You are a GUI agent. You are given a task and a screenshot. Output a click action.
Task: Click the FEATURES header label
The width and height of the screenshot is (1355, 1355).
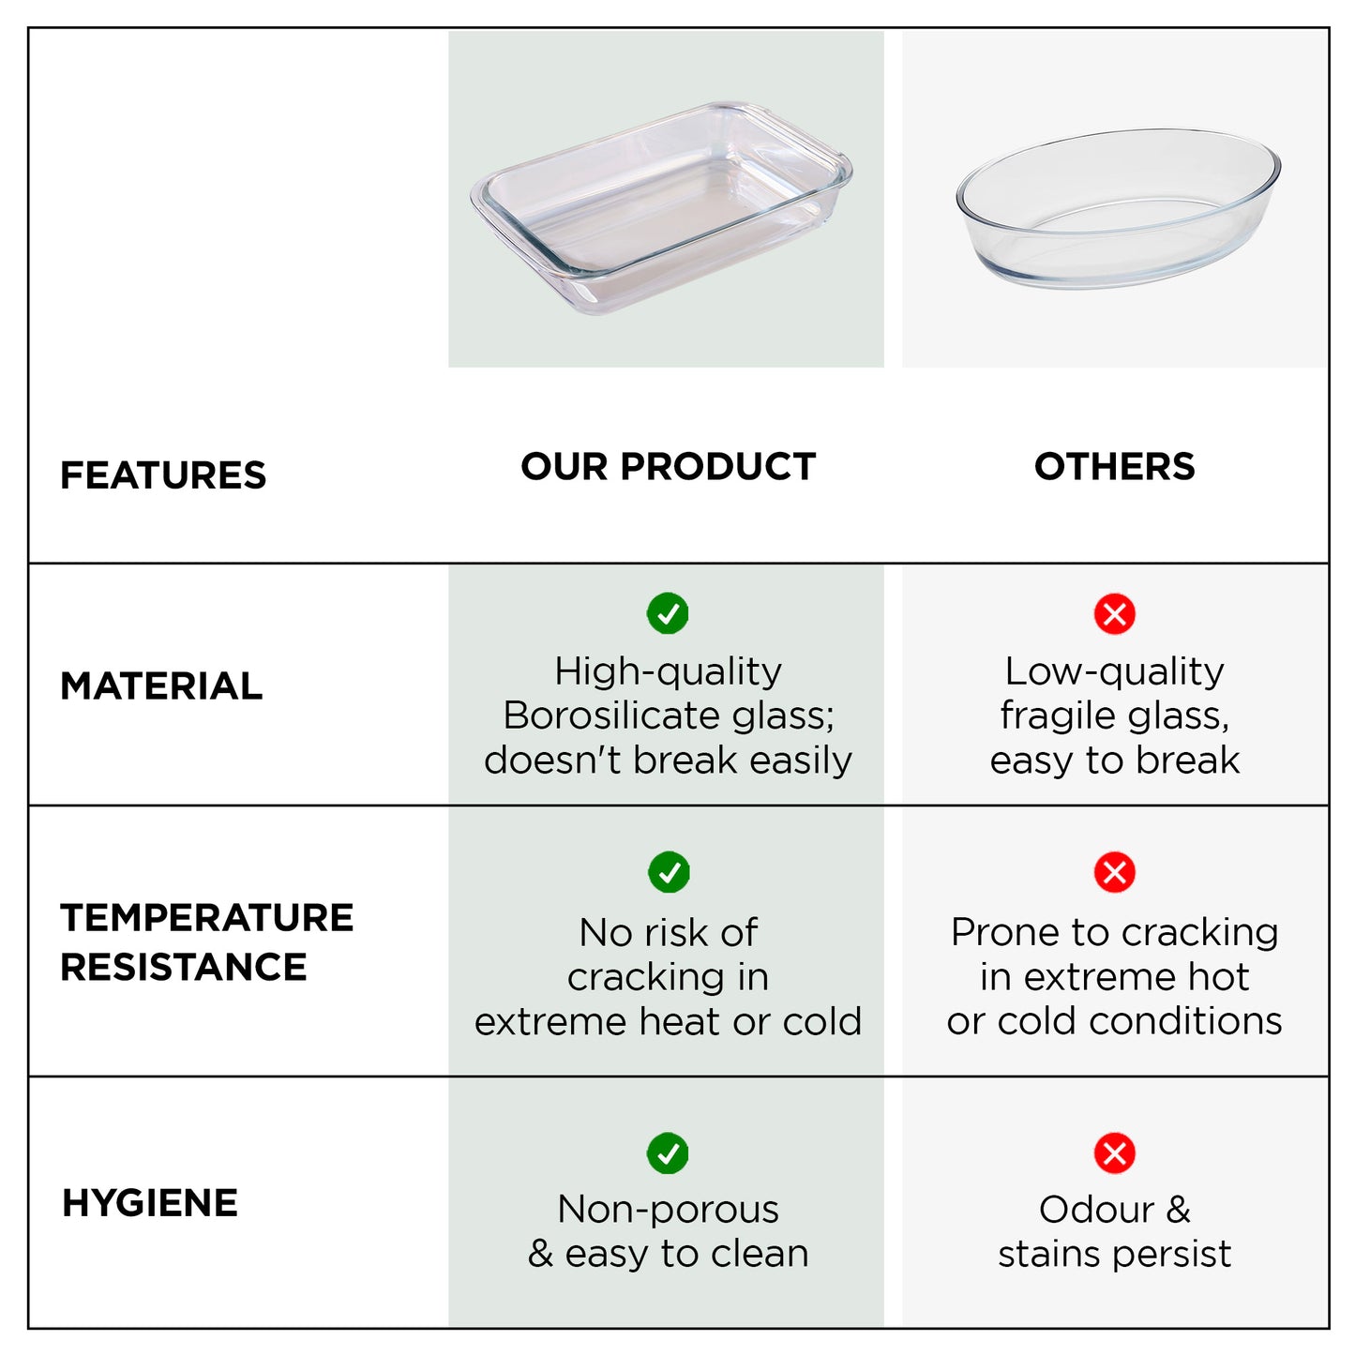(163, 475)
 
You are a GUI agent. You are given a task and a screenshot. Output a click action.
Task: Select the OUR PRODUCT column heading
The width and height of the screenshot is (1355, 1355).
(668, 467)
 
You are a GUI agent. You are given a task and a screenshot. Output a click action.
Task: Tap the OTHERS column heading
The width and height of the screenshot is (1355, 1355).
(1114, 467)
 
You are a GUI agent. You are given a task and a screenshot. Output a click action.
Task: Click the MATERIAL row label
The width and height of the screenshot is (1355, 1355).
(161, 686)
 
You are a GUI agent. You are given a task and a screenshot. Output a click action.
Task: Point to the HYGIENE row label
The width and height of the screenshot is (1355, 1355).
(150, 1203)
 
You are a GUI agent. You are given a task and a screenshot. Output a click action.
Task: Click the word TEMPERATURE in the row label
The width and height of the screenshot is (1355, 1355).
(207, 918)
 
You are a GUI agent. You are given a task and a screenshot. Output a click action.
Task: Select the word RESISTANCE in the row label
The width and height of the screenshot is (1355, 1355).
(184, 968)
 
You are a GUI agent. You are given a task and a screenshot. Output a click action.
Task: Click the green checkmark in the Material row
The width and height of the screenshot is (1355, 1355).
(668, 613)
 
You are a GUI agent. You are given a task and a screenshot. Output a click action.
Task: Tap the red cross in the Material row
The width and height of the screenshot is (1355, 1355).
(1114, 614)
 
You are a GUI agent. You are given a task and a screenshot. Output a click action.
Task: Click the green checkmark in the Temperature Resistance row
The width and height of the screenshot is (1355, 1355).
(669, 872)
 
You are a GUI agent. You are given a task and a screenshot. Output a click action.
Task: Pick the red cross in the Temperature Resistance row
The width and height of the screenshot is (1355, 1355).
(1114, 872)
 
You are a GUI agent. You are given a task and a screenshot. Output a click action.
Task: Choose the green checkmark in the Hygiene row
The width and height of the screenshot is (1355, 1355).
(668, 1153)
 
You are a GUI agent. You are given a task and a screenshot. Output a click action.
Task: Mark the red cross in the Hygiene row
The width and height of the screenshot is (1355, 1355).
(1114, 1153)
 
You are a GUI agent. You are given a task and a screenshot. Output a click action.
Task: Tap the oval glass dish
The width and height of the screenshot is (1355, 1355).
(1118, 208)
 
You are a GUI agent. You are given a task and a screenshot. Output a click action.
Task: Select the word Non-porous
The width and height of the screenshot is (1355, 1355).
(668, 1210)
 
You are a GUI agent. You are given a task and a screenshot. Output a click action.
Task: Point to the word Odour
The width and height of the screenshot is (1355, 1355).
(1095, 1210)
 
